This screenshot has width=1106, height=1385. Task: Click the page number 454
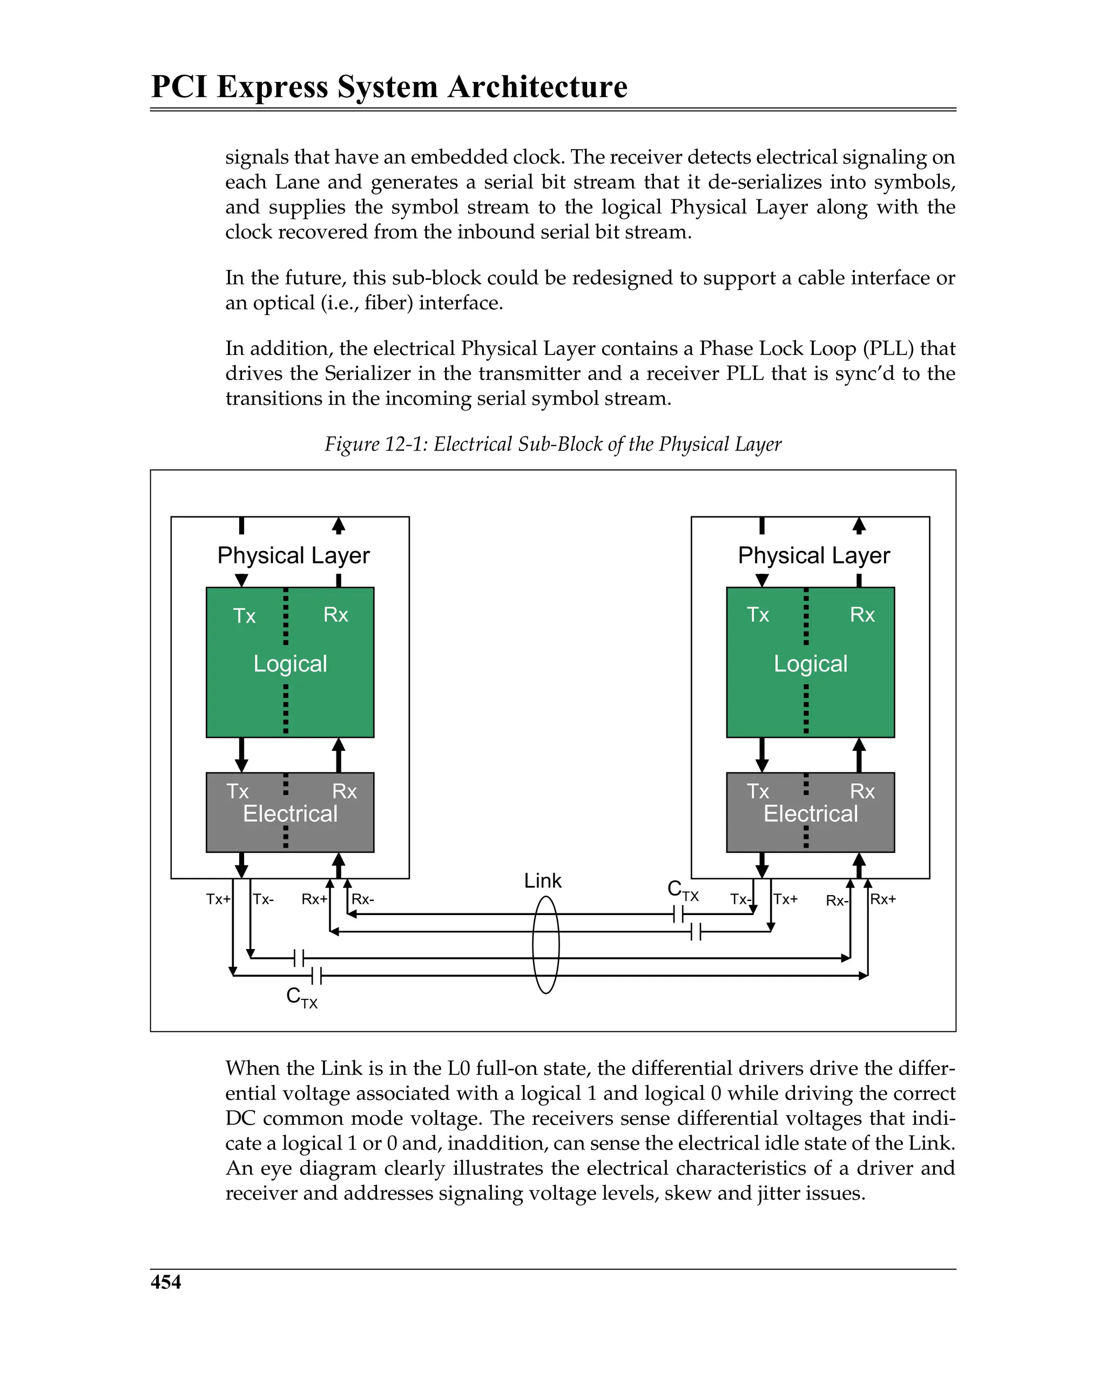(x=166, y=1282)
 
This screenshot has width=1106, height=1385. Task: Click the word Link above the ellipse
(x=542, y=880)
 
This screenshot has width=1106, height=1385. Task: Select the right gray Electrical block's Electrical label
(x=810, y=814)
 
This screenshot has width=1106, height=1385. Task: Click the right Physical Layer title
(x=813, y=555)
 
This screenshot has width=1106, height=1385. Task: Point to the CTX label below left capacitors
(x=301, y=997)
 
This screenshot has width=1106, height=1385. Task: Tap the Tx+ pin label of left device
(x=218, y=899)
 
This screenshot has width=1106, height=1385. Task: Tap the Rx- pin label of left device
(x=363, y=899)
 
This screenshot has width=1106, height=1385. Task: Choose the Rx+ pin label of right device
(x=882, y=899)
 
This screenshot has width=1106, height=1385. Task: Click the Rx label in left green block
(x=335, y=615)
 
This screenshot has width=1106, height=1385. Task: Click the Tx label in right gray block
(x=757, y=791)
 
